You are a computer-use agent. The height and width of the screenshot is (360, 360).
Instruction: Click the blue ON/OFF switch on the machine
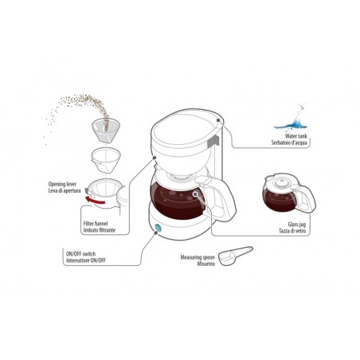click(156, 229)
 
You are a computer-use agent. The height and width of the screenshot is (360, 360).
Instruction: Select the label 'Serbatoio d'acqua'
click(286, 144)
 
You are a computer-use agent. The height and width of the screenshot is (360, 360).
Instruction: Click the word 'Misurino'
click(194, 264)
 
